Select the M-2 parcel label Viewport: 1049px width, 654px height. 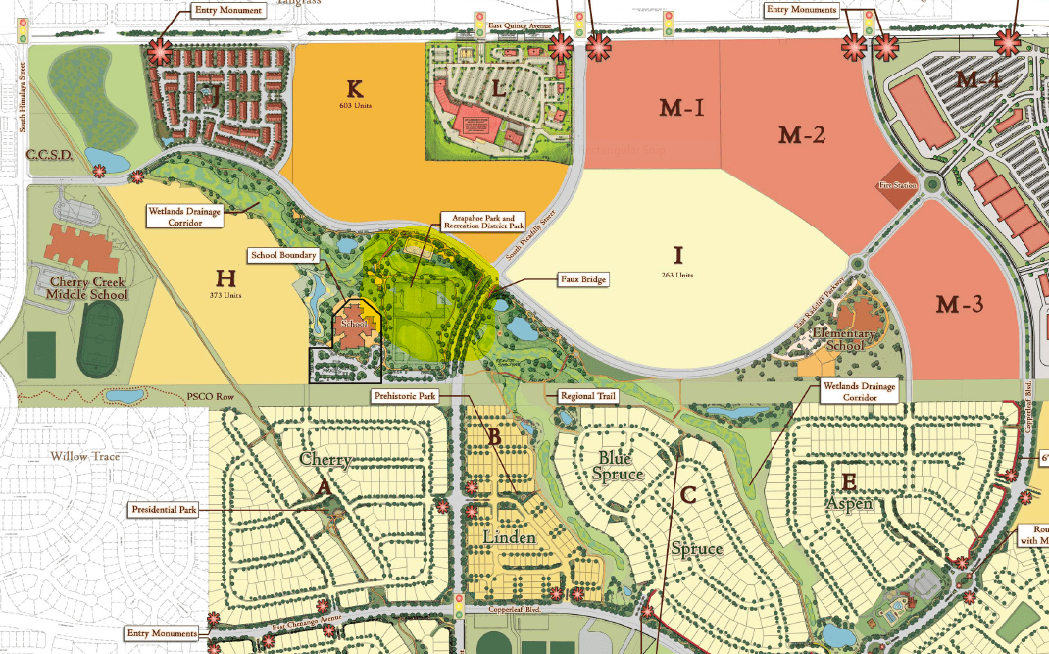pos(804,135)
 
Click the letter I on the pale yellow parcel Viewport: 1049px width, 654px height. pos(676,255)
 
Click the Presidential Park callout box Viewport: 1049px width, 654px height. pos(164,510)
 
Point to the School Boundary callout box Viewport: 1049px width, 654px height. pos(284,255)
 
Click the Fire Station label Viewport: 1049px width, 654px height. pos(895,184)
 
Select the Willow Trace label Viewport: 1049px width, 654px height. pos(83,456)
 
